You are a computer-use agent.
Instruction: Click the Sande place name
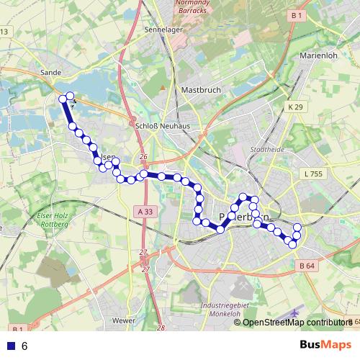click(51, 73)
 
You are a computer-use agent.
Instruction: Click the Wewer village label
click(124, 319)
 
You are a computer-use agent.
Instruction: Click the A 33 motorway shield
click(144, 212)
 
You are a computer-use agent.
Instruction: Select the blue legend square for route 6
click(9, 346)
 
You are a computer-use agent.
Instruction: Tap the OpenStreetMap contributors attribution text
click(295, 322)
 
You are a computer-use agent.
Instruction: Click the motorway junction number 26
click(143, 157)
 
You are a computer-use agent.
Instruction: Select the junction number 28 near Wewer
click(161, 328)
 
